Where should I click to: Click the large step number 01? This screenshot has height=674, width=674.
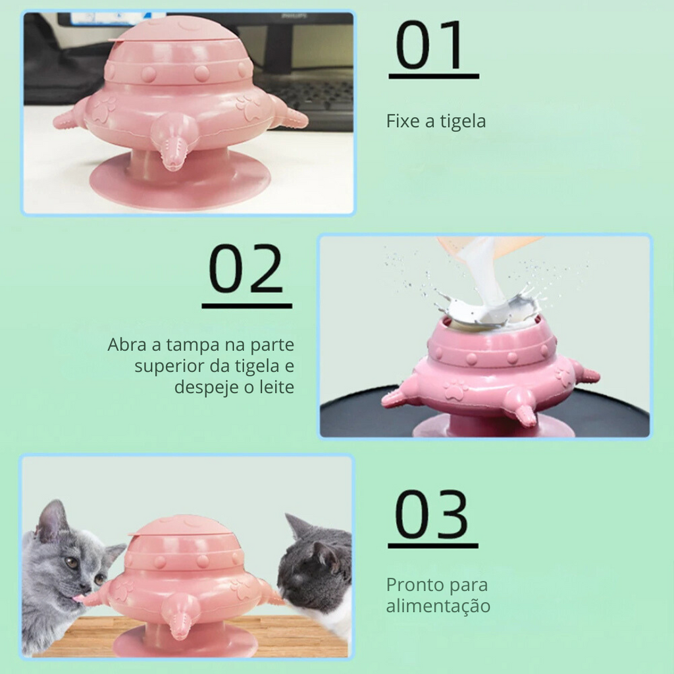click(x=429, y=45)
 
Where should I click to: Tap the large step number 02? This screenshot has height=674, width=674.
click(x=246, y=269)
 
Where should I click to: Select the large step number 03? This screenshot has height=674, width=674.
click(x=431, y=514)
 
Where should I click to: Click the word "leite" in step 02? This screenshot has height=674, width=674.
click(x=277, y=387)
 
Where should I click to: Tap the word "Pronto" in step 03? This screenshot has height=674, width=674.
click(x=416, y=584)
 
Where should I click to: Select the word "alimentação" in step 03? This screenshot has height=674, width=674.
click(x=438, y=606)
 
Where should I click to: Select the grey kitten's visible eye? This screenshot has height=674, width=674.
click(x=71, y=563)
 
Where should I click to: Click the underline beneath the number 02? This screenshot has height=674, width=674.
click(x=247, y=305)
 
